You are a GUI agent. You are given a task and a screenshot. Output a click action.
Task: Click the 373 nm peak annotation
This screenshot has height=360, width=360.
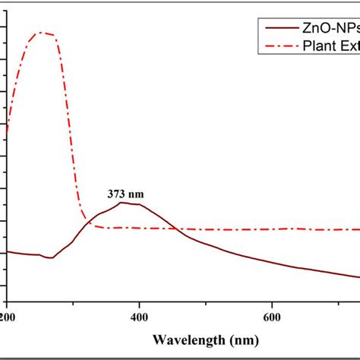pos(125,194)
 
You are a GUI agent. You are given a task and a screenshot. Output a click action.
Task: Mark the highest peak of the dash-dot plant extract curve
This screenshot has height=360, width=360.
pos(41,33)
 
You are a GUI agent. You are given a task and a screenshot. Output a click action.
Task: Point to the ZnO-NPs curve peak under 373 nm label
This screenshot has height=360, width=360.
pos(122,202)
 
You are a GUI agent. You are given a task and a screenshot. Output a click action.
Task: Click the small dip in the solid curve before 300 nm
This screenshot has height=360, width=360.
pos(50,257)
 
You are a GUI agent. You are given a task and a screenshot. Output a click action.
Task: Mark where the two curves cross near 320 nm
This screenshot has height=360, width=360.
pos(90,223)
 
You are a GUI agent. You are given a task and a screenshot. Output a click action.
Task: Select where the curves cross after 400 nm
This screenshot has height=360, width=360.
pos(177,229)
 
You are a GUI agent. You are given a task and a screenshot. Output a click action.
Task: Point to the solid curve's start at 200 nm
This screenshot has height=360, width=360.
pos(7,252)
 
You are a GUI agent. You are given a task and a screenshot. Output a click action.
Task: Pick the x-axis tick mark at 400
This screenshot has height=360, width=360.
pos(140,302)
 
